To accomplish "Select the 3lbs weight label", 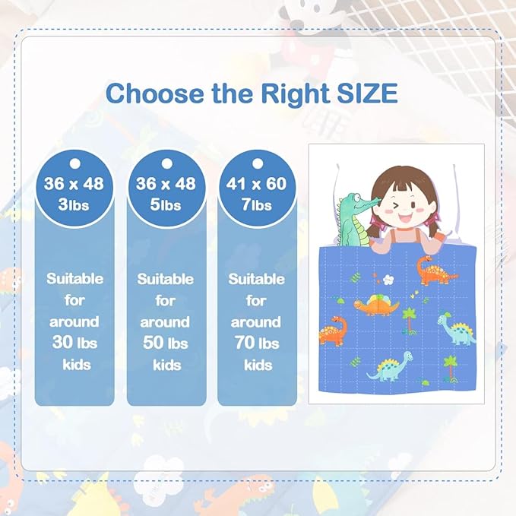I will tap(74, 204).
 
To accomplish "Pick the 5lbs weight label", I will tap(166, 204).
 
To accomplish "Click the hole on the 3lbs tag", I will tap(74, 163).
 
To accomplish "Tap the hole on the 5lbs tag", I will tap(166, 163).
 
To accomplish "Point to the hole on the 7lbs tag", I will tap(257, 163).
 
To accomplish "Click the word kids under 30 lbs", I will tap(74, 365).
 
